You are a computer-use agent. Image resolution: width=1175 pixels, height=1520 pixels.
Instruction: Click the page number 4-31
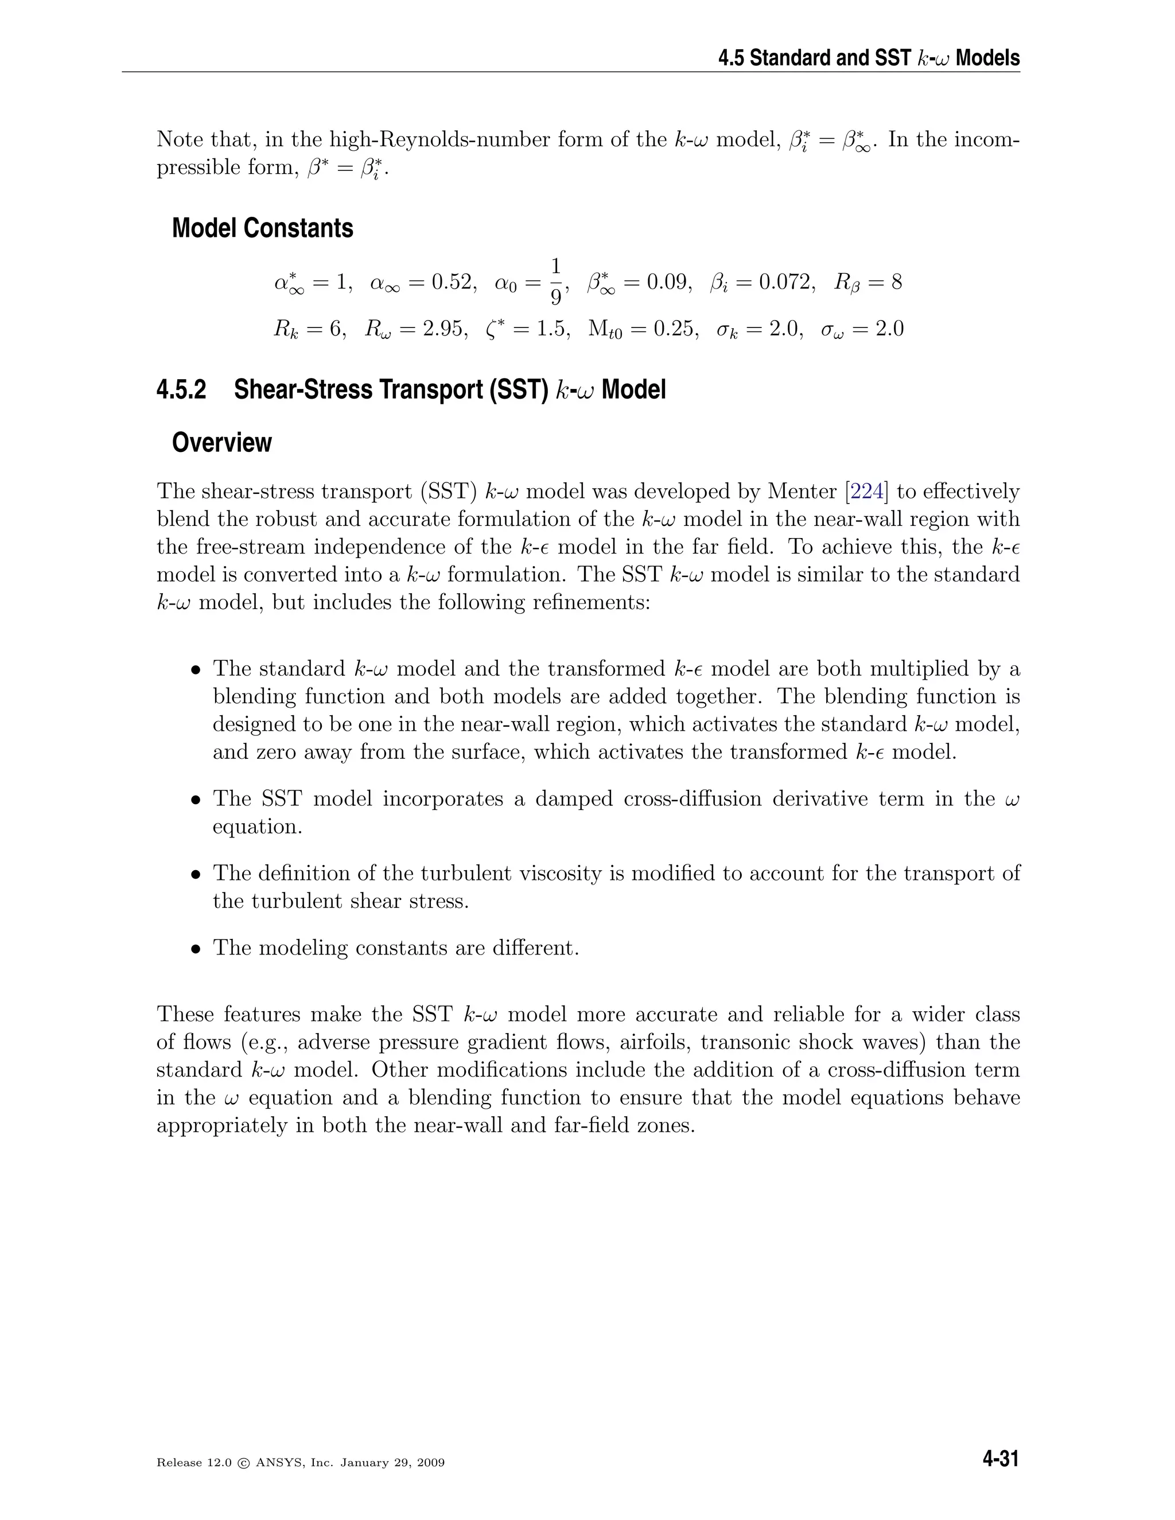(x=1000, y=1459)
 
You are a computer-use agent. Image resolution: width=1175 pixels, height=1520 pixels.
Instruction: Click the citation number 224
(x=867, y=492)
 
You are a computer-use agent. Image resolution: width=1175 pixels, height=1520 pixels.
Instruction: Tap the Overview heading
(x=221, y=443)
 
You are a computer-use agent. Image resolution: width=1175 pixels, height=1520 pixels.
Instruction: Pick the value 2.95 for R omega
(x=444, y=329)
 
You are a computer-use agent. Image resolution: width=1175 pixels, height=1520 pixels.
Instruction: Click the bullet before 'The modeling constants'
(x=196, y=949)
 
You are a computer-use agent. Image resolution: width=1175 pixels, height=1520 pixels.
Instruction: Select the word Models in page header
(x=988, y=58)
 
